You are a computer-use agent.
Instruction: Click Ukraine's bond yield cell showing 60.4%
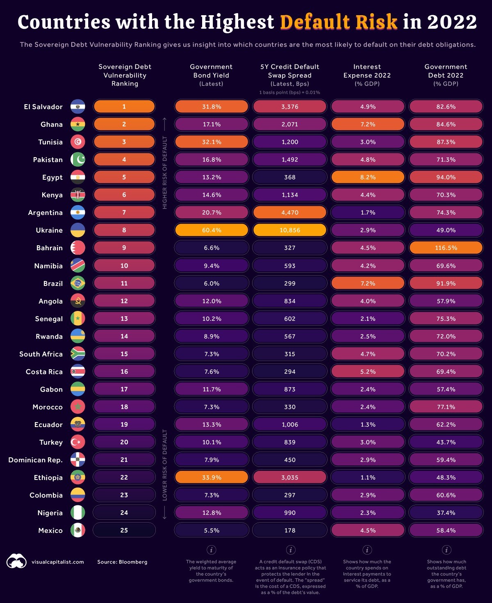[x=212, y=230]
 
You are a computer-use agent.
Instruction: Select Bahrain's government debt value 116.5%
[x=446, y=248]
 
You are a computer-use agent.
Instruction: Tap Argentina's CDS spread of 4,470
[x=289, y=212]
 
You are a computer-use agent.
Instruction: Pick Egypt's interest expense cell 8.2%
[x=368, y=177]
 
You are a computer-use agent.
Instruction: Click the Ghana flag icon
[x=78, y=124]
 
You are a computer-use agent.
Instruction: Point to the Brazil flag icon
[x=78, y=283]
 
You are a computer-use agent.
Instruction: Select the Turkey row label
[x=51, y=442]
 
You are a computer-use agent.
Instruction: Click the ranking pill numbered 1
[x=124, y=107]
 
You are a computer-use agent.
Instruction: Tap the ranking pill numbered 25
[x=124, y=530]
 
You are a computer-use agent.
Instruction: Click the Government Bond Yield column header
[x=211, y=75]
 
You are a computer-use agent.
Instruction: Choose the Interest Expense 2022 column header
[x=367, y=75]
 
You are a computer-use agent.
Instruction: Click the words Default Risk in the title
[x=339, y=22]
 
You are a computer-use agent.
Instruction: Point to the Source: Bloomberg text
[x=122, y=562]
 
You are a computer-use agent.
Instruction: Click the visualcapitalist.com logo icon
[x=16, y=561]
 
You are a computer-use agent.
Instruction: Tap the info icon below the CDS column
[x=290, y=550]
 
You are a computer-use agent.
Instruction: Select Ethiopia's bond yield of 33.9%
[x=212, y=477]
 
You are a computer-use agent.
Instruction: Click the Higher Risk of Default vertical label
[x=165, y=172]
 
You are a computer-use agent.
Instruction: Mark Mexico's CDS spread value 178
[x=289, y=530]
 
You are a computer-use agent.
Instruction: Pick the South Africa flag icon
[x=78, y=354]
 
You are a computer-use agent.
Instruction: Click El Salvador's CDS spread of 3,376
[x=289, y=107]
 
